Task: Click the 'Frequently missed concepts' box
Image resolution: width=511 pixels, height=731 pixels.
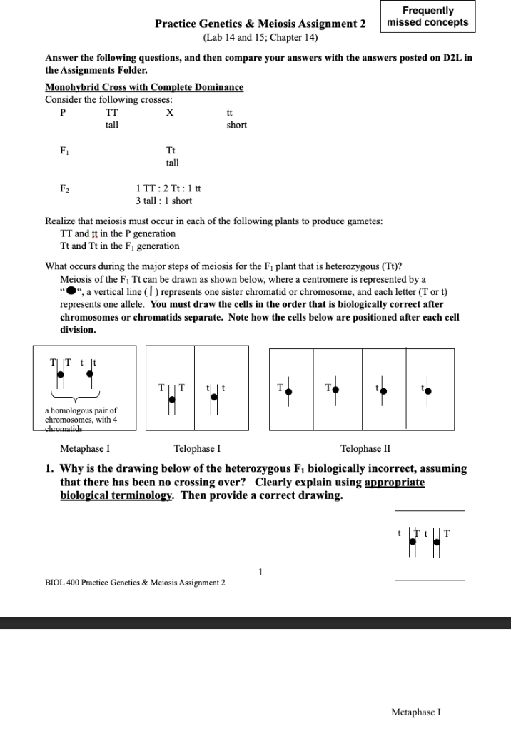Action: [427, 16]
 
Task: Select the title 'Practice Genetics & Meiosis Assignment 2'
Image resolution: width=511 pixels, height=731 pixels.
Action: [260, 24]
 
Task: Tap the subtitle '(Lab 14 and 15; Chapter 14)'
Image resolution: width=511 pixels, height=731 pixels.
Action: [260, 37]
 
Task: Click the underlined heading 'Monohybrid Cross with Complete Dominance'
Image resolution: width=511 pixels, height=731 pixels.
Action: [144, 87]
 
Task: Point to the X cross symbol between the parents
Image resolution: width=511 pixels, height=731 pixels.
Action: [169, 113]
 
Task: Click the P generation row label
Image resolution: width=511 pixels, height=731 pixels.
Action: [64, 113]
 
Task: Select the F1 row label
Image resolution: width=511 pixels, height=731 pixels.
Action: [64, 151]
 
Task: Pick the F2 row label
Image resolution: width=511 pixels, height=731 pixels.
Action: [64, 188]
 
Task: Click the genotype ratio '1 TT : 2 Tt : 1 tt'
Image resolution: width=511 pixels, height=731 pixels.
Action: [168, 188]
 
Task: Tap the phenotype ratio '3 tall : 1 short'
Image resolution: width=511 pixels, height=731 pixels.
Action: [163, 201]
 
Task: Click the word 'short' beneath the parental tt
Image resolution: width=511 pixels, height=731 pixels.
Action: [236, 125]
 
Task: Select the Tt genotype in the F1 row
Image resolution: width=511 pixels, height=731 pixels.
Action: [171, 151]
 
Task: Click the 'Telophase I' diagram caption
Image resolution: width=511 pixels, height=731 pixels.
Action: [197, 449]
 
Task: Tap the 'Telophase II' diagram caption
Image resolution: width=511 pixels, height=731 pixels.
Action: [365, 449]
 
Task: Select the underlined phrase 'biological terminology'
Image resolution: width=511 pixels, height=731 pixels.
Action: [117, 495]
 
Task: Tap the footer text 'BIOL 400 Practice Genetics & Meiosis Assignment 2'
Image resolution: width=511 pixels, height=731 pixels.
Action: [135, 583]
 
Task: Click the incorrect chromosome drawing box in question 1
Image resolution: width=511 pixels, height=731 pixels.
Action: [429, 545]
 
